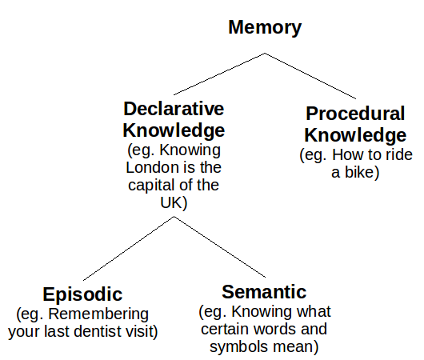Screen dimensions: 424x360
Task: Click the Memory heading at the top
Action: tap(265, 28)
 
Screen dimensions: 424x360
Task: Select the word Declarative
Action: tap(174, 109)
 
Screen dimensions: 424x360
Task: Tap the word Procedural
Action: tap(355, 114)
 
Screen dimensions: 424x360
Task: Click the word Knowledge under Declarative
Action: tap(174, 130)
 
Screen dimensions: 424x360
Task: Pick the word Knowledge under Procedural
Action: tap(355, 135)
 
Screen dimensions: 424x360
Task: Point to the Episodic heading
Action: tap(82, 294)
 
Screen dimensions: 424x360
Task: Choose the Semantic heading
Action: tap(264, 292)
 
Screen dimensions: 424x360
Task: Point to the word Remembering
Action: tap(98, 314)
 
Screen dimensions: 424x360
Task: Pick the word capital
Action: tap(151, 186)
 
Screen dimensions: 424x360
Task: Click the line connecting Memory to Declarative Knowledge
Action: tap(219, 74)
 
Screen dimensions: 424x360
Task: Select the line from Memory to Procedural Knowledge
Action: tap(310, 76)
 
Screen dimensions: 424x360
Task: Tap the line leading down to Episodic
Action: tap(129, 248)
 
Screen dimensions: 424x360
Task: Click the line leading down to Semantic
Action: tap(219, 246)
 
